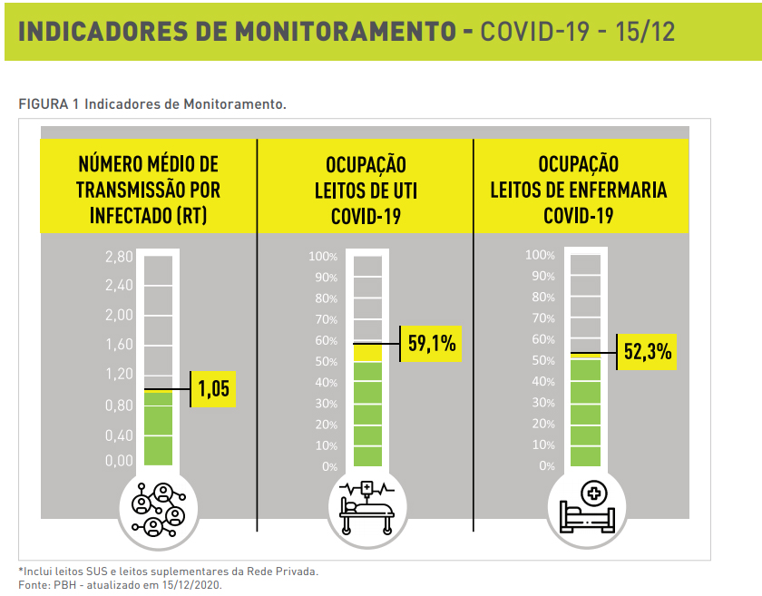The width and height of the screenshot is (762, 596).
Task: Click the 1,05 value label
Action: pos(214,390)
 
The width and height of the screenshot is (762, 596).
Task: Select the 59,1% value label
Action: pos(433,344)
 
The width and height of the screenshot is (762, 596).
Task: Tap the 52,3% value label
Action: pos(649,352)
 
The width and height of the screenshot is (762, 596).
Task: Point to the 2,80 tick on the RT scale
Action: pos(119,258)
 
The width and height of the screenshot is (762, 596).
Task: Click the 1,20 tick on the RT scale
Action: pos(119,374)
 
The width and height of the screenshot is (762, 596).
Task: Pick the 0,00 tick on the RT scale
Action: pos(119,461)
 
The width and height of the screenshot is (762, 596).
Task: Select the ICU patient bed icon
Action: pos(367,510)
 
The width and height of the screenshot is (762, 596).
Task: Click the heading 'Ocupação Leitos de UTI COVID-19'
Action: pos(366,191)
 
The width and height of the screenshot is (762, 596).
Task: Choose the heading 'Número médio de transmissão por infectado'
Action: pos(149,190)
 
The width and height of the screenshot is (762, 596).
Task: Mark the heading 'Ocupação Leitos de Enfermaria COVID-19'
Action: pos(579,190)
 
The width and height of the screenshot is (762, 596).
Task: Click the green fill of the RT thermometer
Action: pos(158,428)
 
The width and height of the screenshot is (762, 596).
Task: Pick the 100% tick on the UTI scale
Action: pos(323,258)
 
